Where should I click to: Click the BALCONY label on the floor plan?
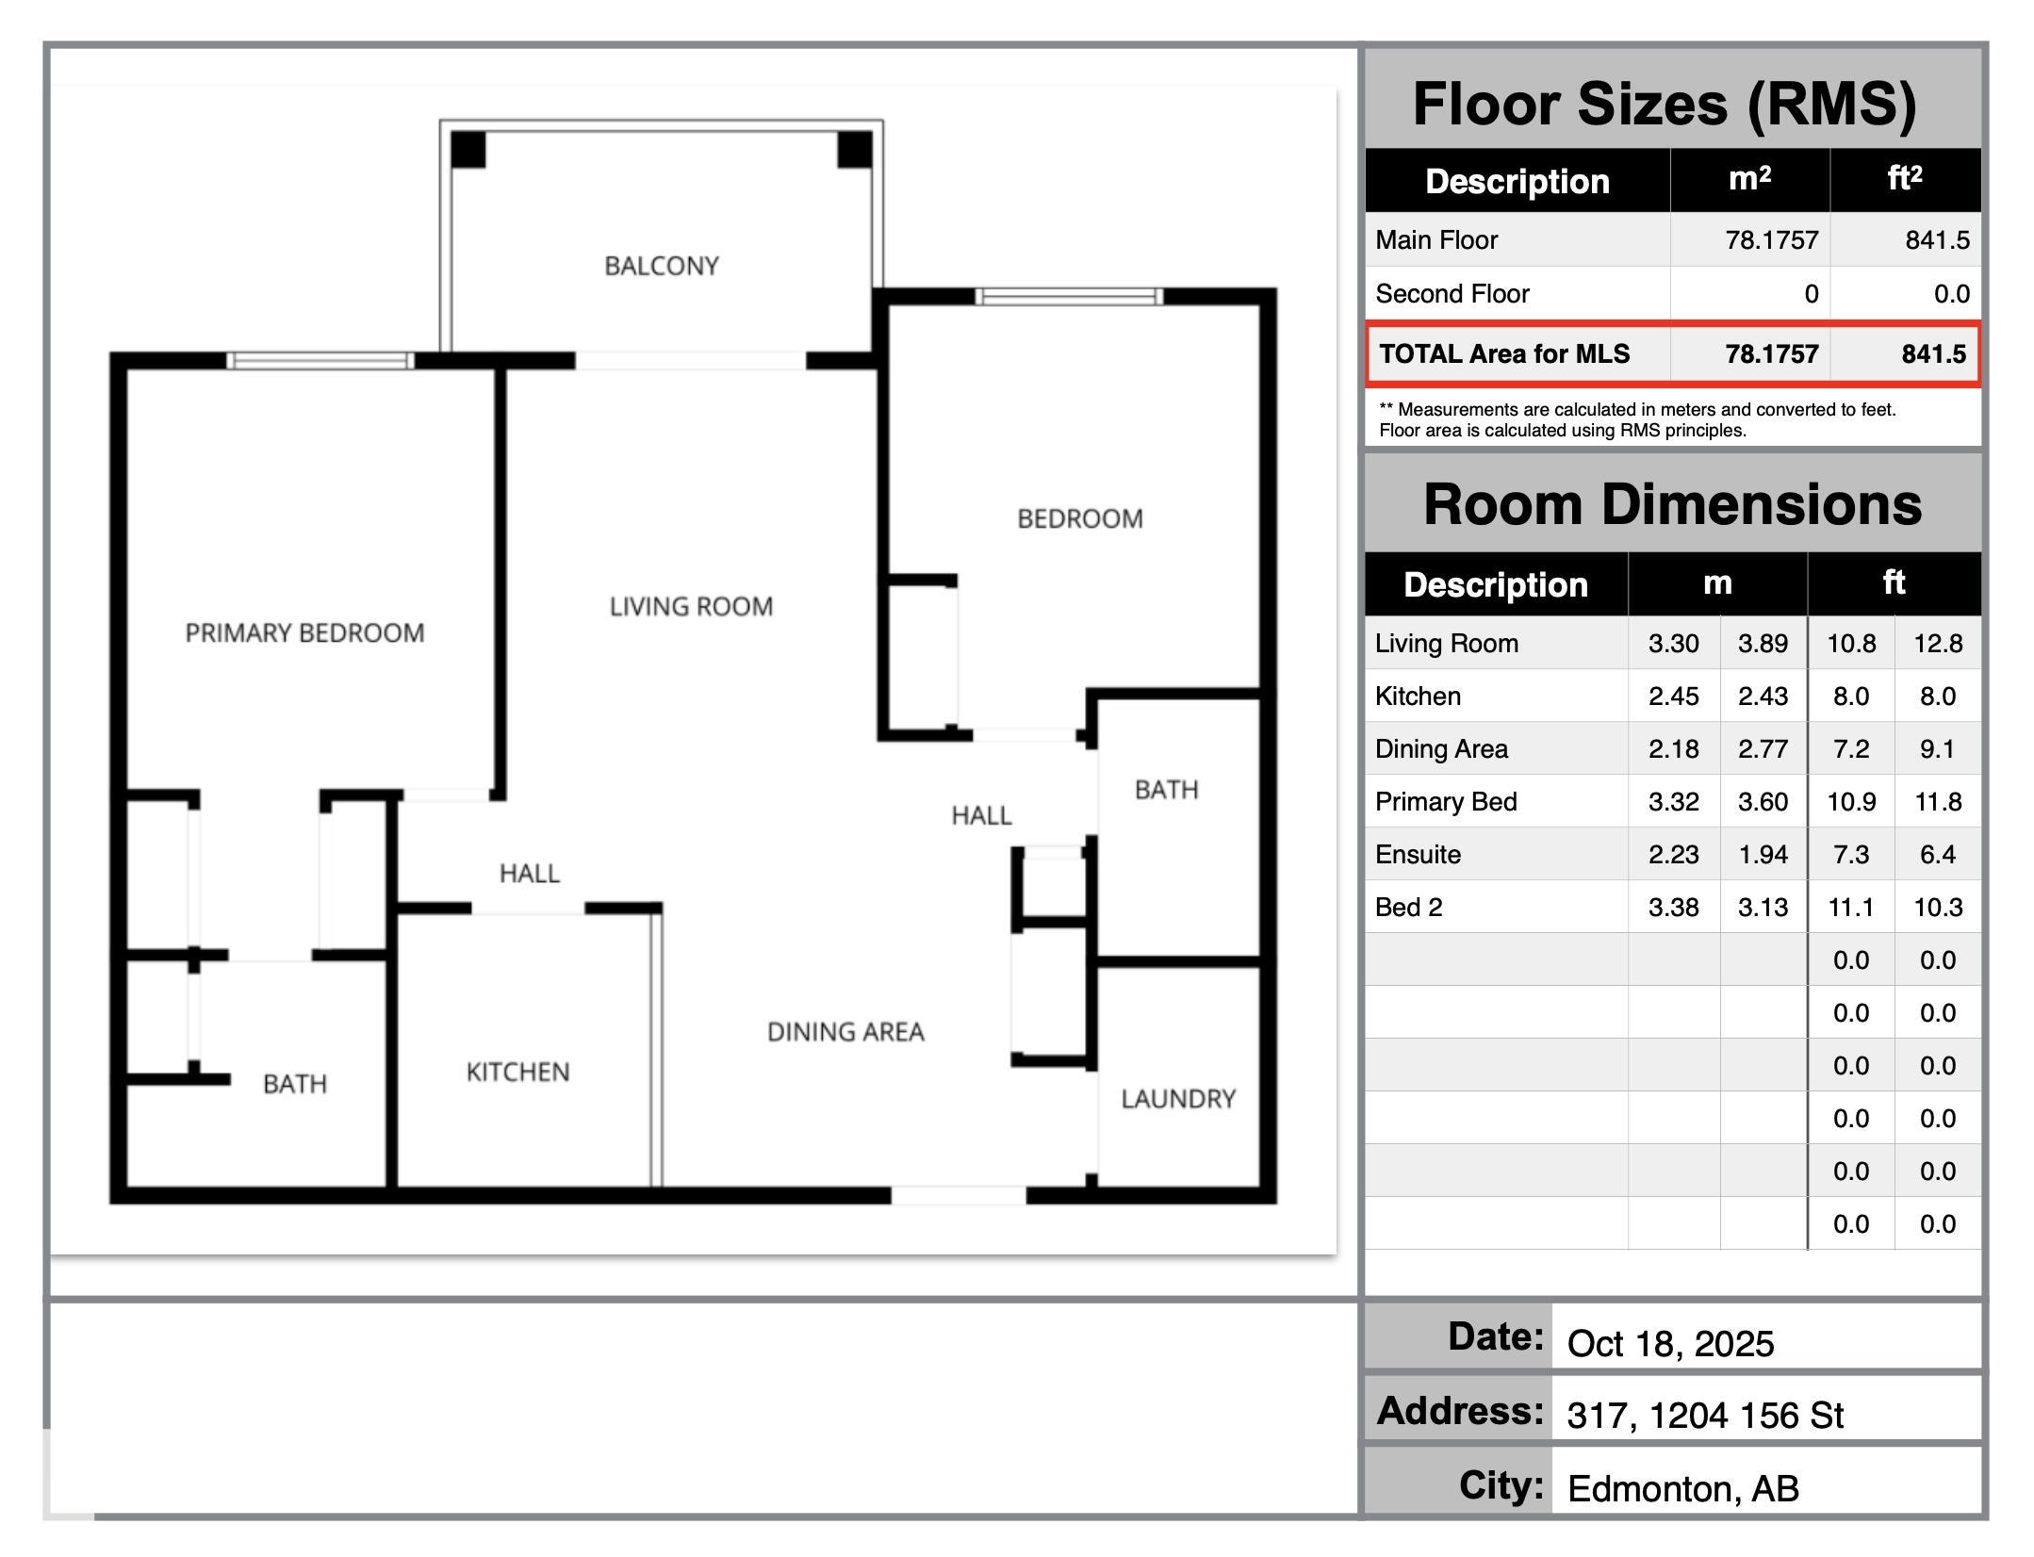click(662, 266)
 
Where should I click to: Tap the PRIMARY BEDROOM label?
click(304, 632)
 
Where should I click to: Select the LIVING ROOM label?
click(691, 606)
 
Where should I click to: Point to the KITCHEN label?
click(517, 1072)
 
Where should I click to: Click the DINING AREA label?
click(845, 1032)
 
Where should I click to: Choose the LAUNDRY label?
click(1178, 1099)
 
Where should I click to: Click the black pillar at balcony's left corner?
click(467, 150)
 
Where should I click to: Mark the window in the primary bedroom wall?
click(320, 360)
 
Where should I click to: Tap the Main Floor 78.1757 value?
click(1772, 240)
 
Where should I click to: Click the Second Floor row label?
click(1452, 294)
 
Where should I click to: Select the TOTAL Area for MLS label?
click(1504, 353)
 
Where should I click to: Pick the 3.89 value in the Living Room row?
click(1763, 644)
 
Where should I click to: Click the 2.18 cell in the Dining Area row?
click(1674, 749)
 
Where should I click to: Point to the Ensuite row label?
click(1418, 855)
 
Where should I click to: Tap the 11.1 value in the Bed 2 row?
click(1851, 908)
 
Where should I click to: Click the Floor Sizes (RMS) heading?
click(1665, 104)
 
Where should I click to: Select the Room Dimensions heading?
click(1673, 504)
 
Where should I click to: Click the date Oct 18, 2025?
click(1670, 1344)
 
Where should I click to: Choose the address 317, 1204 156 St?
click(1705, 1416)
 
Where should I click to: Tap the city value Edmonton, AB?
click(1683, 1489)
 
